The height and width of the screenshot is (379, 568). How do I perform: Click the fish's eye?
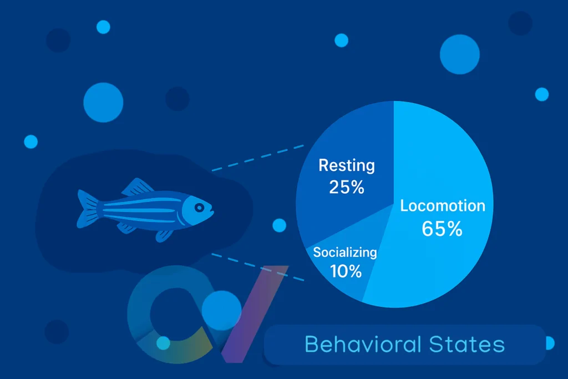click(199, 208)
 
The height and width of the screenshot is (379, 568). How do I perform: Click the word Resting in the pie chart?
click(347, 165)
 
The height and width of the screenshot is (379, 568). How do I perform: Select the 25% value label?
click(347, 187)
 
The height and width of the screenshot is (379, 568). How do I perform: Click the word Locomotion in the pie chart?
click(443, 206)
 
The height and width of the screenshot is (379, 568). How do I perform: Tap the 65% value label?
click(442, 229)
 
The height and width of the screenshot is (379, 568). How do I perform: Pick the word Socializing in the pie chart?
click(345, 252)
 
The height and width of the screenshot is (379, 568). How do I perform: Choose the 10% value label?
click(346, 271)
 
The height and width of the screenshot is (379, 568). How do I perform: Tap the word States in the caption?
click(467, 344)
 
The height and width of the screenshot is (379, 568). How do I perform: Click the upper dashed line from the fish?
click(258, 158)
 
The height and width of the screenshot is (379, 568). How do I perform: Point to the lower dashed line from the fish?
click(258, 267)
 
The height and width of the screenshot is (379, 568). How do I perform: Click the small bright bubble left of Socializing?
click(280, 225)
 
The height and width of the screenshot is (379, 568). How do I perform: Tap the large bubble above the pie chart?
click(460, 54)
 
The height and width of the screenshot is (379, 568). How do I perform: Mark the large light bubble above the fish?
click(103, 103)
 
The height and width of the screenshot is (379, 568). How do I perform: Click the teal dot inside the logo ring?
click(163, 343)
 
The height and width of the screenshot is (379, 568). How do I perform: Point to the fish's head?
click(197, 210)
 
